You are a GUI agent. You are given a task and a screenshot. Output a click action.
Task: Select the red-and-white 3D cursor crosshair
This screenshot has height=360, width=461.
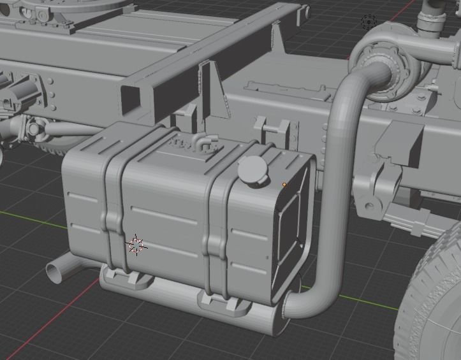[136, 244]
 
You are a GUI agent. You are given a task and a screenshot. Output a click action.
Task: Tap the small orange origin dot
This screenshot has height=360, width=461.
[284, 185]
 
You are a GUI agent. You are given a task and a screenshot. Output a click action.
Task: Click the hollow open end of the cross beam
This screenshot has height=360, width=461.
[131, 96]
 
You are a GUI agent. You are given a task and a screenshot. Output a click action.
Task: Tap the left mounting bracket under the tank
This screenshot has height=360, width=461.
[128, 278]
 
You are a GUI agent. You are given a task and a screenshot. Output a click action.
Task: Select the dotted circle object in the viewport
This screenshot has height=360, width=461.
[368, 22]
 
